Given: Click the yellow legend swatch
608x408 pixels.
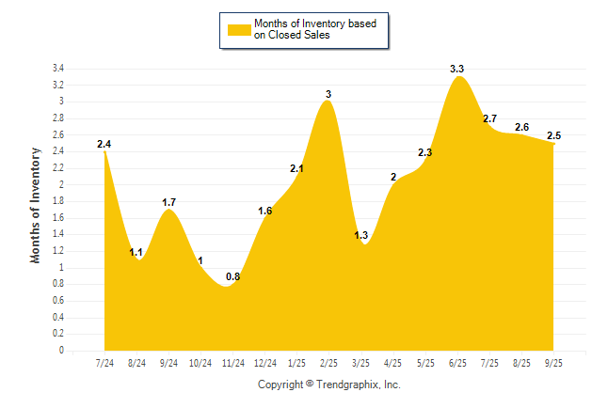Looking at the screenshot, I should (x=239, y=29).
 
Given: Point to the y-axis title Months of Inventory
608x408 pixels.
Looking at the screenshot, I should (x=36, y=205).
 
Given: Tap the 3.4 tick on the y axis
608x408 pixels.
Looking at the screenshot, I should (x=57, y=69).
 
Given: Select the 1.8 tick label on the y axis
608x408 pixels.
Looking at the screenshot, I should (x=57, y=201).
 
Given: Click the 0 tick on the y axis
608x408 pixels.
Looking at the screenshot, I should (x=61, y=351).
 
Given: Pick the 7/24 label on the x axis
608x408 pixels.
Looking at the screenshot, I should (x=105, y=363).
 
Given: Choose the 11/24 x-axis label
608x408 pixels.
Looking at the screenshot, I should (x=233, y=363).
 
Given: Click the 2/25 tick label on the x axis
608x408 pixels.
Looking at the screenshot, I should (x=329, y=363).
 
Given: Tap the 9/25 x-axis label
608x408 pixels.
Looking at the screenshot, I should (x=554, y=363).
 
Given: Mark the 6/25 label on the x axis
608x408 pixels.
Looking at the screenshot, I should (x=458, y=363).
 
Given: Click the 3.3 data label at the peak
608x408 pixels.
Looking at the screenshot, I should (x=457, y=69).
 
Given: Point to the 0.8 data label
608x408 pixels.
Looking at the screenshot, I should (x=232, y=276).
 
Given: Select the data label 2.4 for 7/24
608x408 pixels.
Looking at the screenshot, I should (x=104, y=144).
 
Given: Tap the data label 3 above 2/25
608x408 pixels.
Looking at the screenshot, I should (x=328, y=94).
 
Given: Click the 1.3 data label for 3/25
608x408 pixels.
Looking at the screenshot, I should (x=361, y=235).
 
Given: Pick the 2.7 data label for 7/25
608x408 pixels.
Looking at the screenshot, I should (x=489, y=118).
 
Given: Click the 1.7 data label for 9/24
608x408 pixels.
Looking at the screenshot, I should (x=168, y=202).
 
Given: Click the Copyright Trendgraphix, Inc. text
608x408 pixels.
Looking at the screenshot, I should (x=329, y=384).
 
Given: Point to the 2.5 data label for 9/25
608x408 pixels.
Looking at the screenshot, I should (x=553, y=135).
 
